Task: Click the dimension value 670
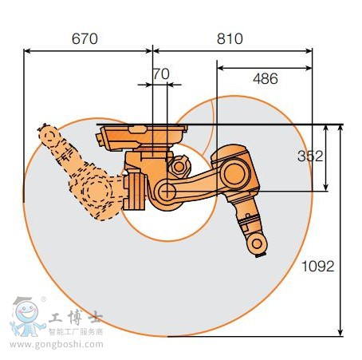click(85, 38)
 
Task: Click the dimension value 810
click(230, 38)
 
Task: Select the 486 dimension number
click(266, 78)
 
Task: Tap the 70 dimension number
click(162, 73)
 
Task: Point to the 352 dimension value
click(310, 156)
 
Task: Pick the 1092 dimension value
click(317, 266)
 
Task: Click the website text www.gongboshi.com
click(57, 345)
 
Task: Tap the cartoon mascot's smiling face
click(26, 311)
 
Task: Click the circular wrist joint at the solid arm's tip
click(257, 243)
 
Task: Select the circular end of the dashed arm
click(49, 136)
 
